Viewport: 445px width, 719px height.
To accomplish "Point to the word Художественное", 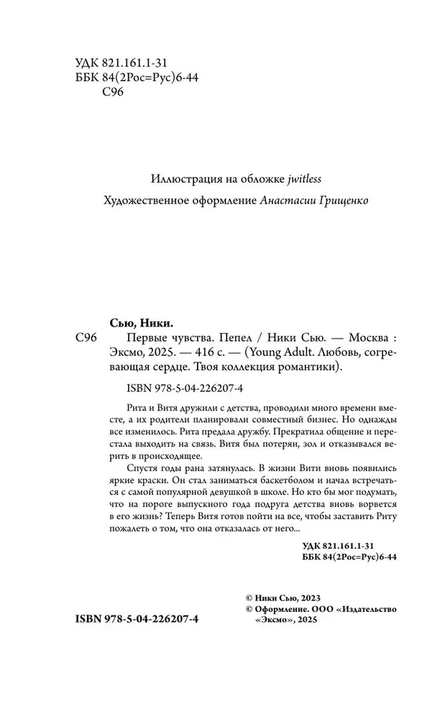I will click(142, 201).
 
